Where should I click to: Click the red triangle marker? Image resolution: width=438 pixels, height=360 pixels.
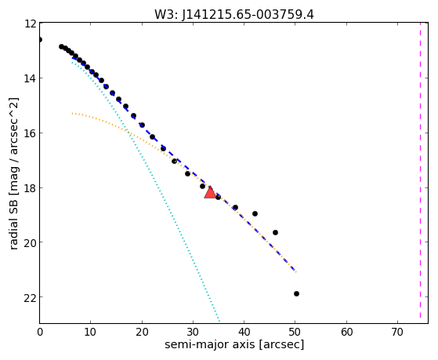(210, 192)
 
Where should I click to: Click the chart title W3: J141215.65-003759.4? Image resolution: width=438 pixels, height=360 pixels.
(234, 15)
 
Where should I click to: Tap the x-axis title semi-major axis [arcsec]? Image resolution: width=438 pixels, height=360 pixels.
(234, 344)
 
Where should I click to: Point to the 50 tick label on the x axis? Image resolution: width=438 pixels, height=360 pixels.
(295, 332)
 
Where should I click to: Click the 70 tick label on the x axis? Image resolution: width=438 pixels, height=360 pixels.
(397, 332)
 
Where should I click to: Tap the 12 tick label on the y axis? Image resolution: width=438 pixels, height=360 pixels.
(30, 24)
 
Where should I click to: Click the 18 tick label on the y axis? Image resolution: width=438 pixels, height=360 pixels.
(30, 188)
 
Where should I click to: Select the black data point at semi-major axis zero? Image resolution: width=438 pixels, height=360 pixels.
(40, 39)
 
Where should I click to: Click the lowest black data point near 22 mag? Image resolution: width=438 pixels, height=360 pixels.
(296, 293)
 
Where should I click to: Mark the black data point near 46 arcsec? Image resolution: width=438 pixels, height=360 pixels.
(275, 232)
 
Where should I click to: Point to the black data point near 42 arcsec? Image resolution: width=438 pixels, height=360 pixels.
(255, 213)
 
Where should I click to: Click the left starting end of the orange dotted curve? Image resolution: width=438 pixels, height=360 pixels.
(72, 113)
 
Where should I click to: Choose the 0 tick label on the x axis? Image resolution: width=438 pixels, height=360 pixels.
(40, 332)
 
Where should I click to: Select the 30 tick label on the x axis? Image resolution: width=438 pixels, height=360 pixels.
(193, 332)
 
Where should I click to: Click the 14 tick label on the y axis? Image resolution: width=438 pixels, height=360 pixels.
(30, 78)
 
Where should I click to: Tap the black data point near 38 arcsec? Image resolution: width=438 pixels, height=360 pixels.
(235, 207)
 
